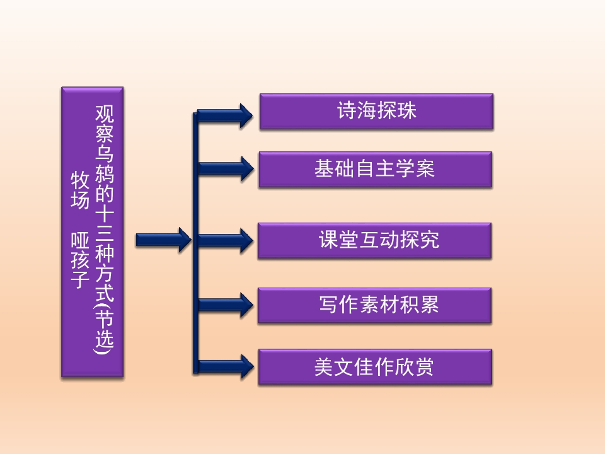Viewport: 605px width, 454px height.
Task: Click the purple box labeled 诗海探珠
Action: tap(376, 112)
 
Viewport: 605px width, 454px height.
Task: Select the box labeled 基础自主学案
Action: tap(374, 169)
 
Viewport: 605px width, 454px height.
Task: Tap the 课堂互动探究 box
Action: tap(374, 240)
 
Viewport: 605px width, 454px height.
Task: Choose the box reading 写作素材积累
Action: tap(374, 305)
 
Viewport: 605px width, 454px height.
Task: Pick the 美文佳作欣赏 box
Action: tap(374, 367)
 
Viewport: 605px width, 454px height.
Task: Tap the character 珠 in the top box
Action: tap(407, 112)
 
